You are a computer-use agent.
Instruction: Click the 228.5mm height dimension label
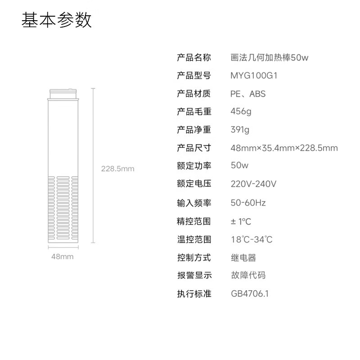pos(117,169)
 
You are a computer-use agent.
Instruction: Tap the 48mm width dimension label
pos(62,256)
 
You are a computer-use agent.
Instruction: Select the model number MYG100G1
pos(254,76)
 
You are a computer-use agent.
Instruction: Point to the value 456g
pos(241,112)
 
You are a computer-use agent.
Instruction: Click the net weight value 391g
pos(240,130)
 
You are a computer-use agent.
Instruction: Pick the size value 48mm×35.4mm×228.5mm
pos(284,148)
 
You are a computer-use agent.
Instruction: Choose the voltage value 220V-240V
pos(253,184)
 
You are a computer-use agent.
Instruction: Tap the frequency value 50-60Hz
pos(248,203)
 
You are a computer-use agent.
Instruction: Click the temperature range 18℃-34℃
pos(252,239)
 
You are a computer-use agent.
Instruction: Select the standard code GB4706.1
pos(249,294)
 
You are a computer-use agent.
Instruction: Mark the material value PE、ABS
pos(248,94)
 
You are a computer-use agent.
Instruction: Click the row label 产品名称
pos(194,58)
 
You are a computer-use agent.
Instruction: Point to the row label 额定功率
pos(194,166)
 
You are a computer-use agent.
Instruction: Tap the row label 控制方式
pos(194,258)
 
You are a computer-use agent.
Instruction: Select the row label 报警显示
pos(194,275)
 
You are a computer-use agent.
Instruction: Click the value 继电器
pos(243,258)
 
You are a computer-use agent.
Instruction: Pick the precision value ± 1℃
pos(241,221)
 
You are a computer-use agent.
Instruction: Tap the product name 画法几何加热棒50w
pos(270,58)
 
